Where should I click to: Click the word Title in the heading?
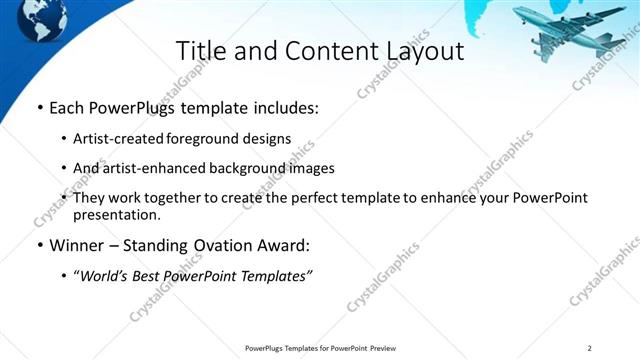click(202, 51)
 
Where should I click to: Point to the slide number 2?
click(590, 348)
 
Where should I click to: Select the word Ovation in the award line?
click(217, 245)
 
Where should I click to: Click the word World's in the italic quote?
click(108, 275)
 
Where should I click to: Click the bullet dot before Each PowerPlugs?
click(39, 107)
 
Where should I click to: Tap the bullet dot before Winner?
click(39, 245)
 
